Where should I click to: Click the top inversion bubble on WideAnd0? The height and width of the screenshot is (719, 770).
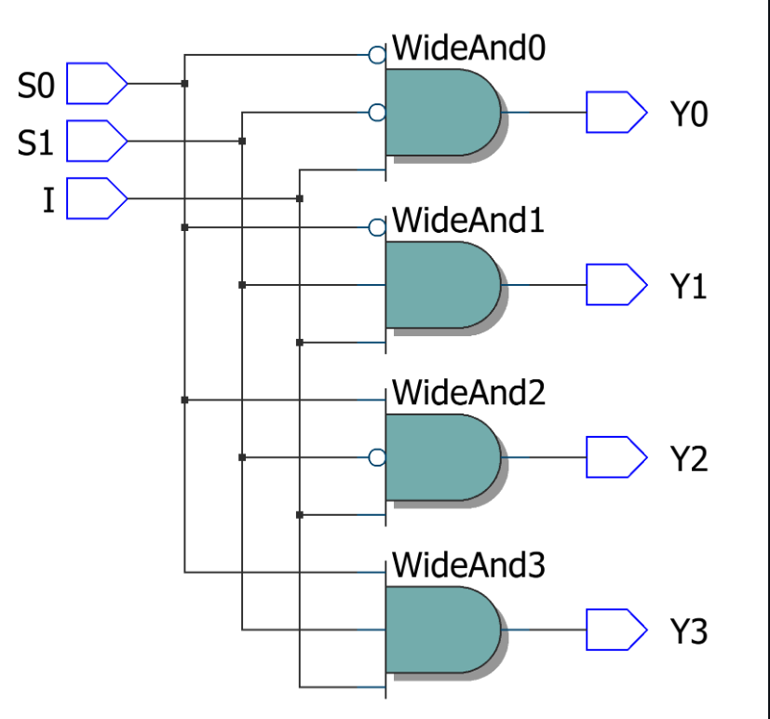tap(377, 55)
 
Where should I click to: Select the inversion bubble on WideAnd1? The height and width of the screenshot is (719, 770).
tap(377, 227)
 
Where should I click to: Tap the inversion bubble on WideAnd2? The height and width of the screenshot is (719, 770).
tap(377, 457)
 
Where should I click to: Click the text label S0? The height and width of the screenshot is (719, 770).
tap(36, 86)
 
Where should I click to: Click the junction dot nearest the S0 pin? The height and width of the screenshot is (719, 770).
tap(184, 84)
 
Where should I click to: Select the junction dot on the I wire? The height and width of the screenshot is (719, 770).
tap(299, 198)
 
